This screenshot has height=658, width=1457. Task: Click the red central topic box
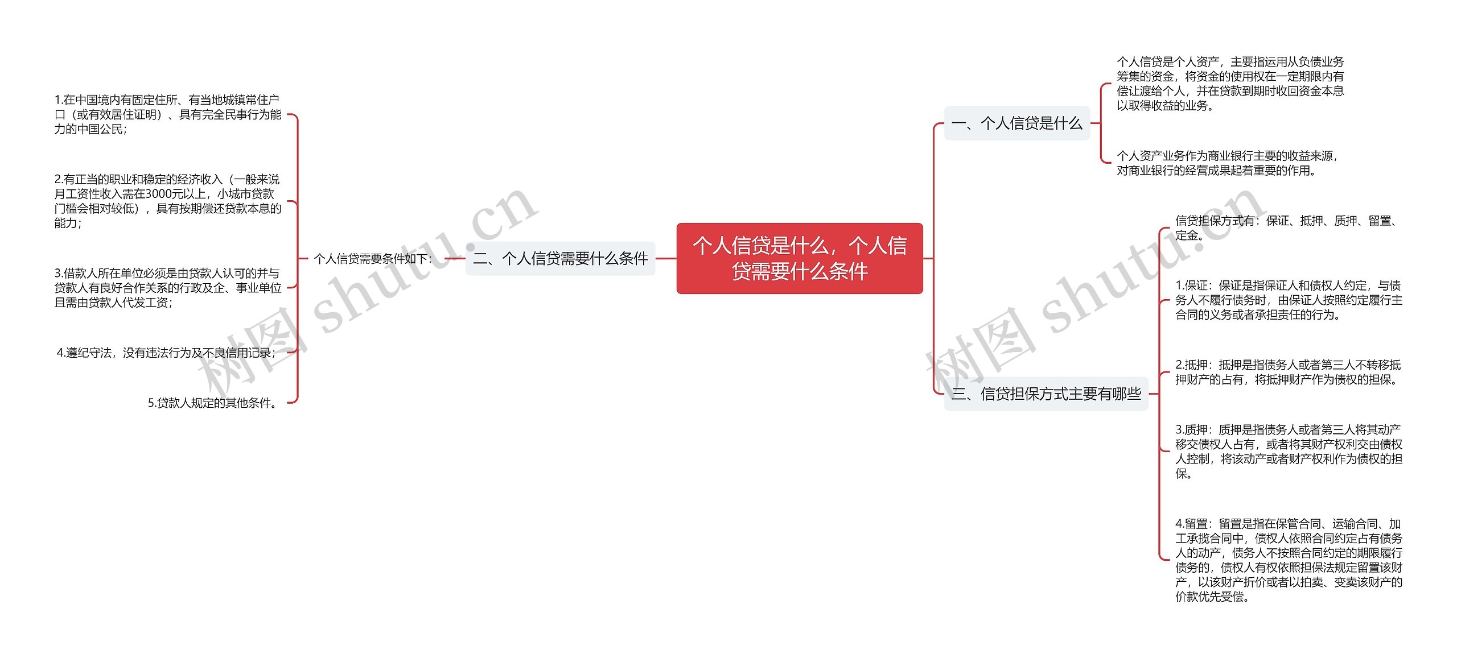[799, 258]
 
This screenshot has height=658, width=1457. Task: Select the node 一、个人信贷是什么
[1016, 123]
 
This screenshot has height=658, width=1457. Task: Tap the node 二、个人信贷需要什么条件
[560, 259]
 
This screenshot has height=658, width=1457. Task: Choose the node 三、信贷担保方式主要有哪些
[1046, 394]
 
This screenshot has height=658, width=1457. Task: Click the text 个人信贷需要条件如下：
[373, 259]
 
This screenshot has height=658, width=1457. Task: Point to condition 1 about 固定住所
[167, 114]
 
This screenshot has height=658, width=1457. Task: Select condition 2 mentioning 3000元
[167, 201]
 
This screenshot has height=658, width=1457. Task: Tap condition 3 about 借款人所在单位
[167, 288]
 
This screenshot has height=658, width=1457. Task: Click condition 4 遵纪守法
[166, 353]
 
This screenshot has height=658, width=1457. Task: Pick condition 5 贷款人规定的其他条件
[213, 403]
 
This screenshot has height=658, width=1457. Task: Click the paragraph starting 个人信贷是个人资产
[1229, 84]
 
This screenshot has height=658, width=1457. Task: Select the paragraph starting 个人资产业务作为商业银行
[1226, 163]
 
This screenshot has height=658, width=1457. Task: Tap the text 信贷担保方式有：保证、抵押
[1286, 227]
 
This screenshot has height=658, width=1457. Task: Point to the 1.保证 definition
[1289, 300]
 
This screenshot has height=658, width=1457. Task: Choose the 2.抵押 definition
[1287, 372]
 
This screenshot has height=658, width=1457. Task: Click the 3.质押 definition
[1289, 451]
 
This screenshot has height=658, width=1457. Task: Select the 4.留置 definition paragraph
[1289, 560]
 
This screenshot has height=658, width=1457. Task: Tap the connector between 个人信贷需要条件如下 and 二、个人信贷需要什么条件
[455, 259]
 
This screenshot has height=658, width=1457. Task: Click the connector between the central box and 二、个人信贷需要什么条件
[666, 259]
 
